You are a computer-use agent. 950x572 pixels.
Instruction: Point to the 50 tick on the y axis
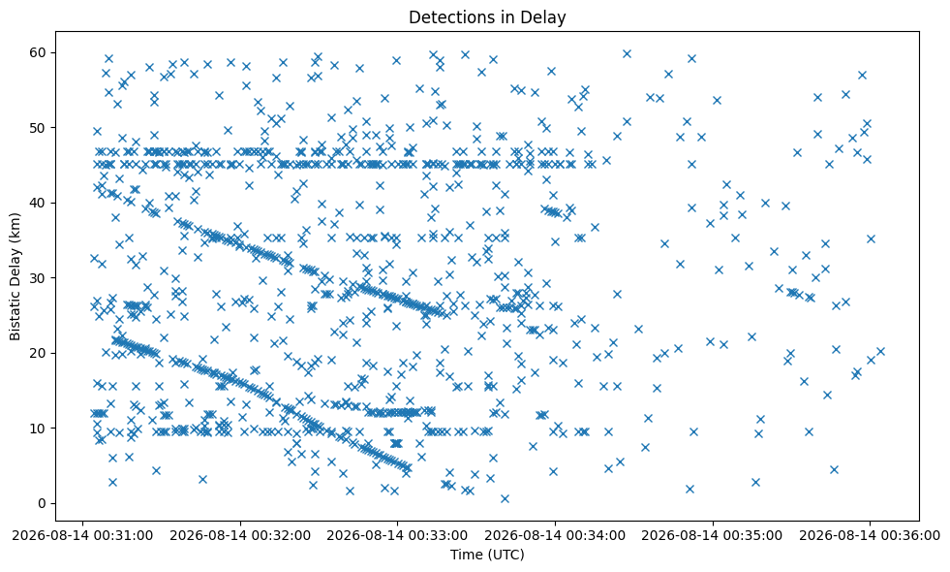(x=52, y=128)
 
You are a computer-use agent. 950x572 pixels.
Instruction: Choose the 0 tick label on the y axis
(x=43, y=504)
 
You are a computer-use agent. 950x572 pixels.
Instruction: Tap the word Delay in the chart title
(x=547, y=18)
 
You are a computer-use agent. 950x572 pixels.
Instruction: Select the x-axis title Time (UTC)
(x=487, y=555)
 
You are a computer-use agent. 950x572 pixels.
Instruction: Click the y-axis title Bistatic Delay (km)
(x=15, y=276)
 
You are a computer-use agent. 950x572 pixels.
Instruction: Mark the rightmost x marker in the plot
(x=880, y=351)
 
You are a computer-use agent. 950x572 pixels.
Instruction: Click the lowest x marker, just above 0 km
(x=505, y=498)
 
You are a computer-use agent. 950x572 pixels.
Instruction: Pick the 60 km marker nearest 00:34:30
(x=628, y=53)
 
